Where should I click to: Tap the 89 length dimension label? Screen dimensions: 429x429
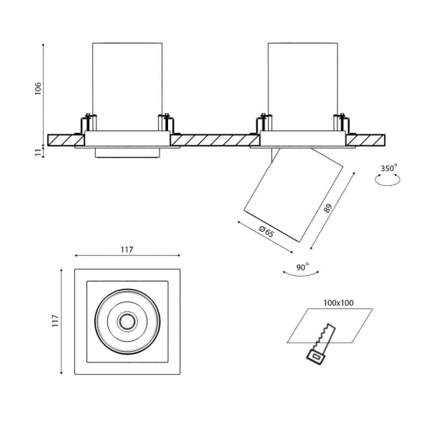pyautogui.click(x=328, y=209)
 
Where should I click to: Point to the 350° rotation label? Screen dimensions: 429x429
pyautogui.click(x=389, y=168)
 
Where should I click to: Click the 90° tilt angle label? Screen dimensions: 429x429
pyautogui.click(x=302, y=267)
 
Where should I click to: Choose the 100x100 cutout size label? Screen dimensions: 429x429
pyautogui.click(x=339, y=302)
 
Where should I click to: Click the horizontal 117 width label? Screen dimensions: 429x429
pyautogui.click(x=127, y=250)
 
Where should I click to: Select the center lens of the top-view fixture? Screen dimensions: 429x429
pyautogui.click(x=127, y=322)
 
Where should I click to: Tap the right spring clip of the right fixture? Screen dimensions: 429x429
pyautogui.click(x=342, y=122)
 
